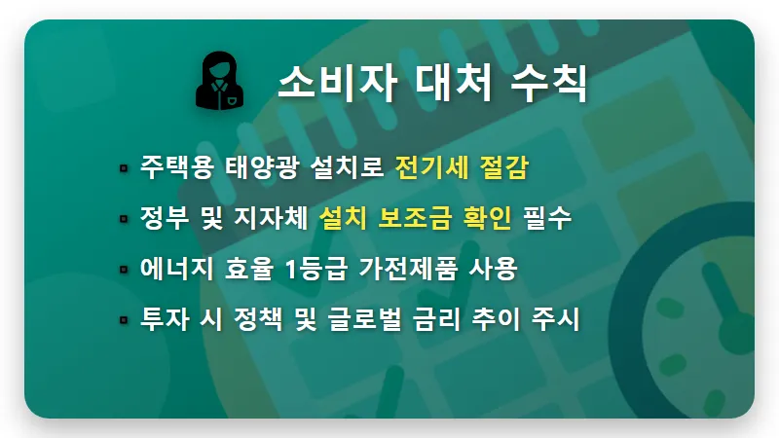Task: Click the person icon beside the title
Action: [221, 82]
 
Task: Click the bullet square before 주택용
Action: [124, 167]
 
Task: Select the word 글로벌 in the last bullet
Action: [365, 319]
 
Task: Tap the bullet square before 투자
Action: [124, 320]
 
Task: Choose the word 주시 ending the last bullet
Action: [557, 319]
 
